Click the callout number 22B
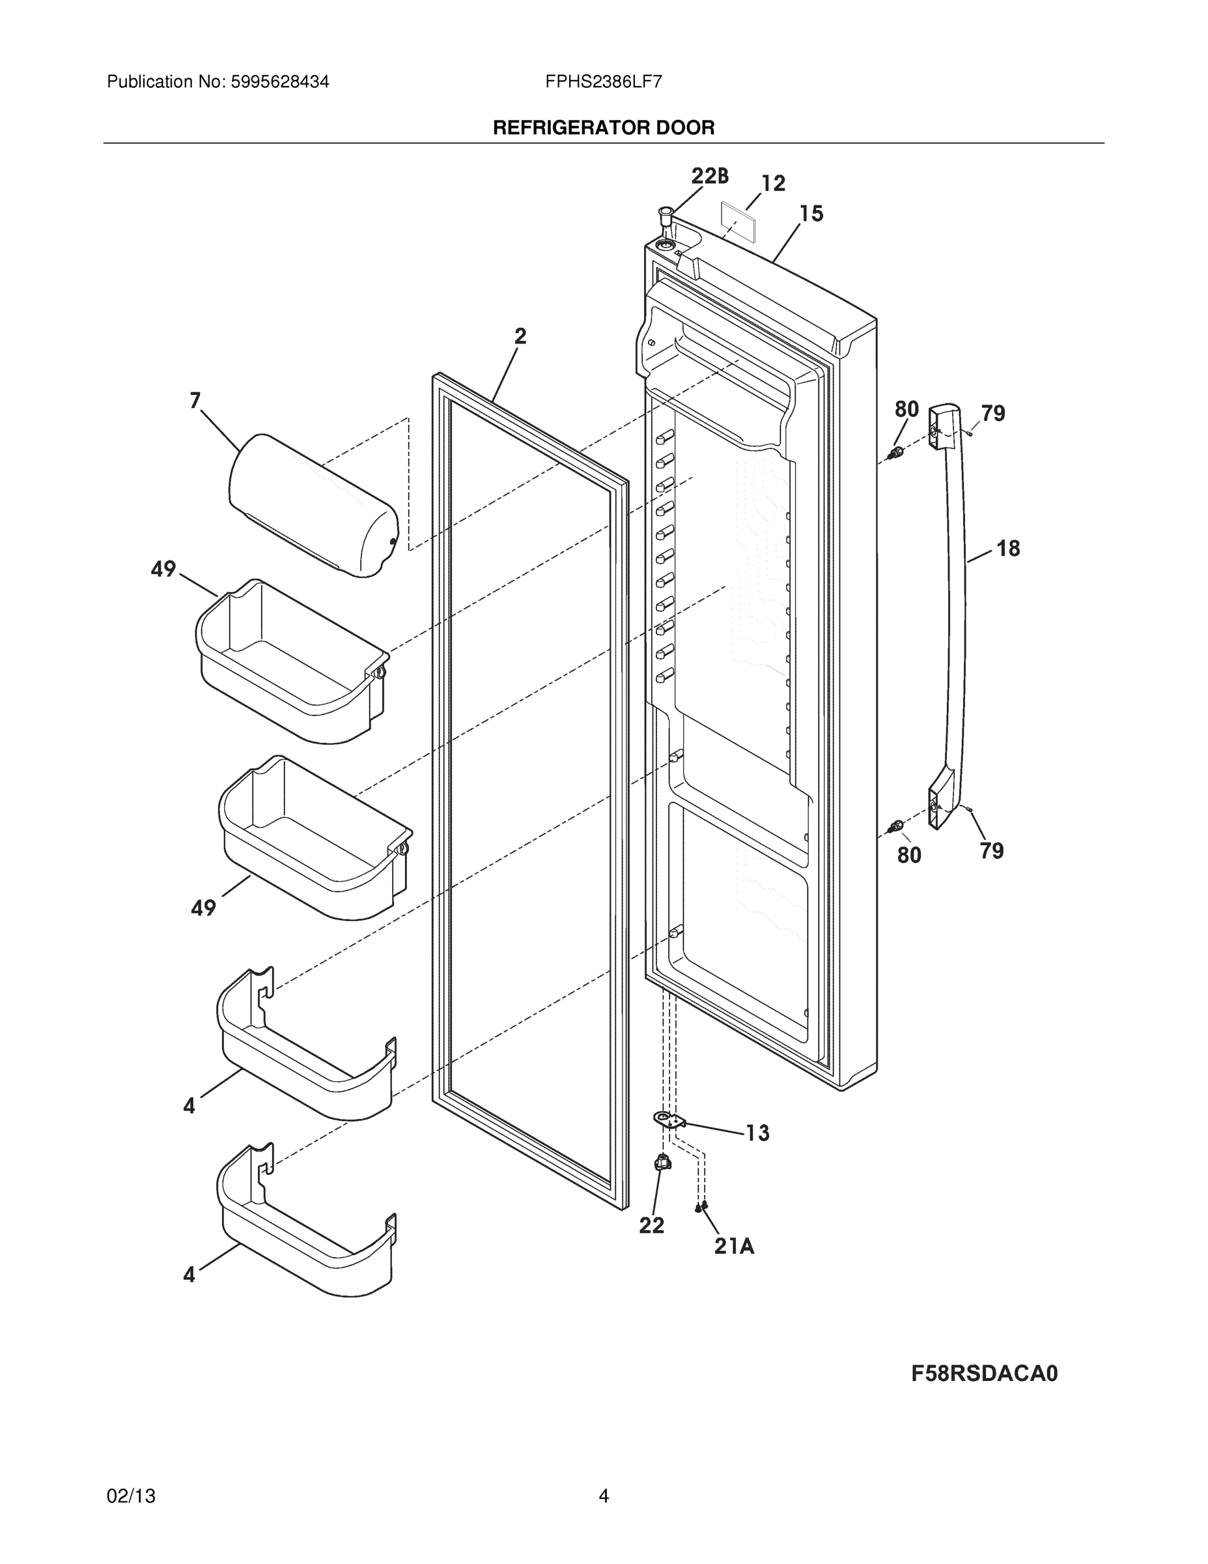(709, 176)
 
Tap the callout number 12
(773, 184)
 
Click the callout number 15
(811, 213)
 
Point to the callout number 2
(520, 336)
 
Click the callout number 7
(195, 400)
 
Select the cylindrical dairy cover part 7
(313, 505)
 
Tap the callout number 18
(1007, 549)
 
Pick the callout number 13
(757, 1133)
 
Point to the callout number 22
(651, 1226)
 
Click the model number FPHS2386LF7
(603, 82)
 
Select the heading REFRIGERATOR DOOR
(603, 128)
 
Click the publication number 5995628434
(279, 82)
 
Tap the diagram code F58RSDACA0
(984, 1374)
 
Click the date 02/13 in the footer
(131, 1496)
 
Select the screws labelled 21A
(701, 1208)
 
